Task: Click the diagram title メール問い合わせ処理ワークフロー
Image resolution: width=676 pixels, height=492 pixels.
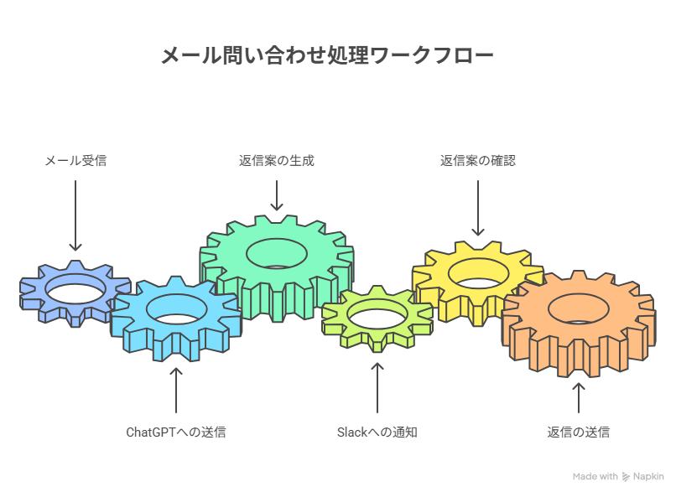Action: point(327,55)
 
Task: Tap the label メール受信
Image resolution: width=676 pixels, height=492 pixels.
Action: point(75,161)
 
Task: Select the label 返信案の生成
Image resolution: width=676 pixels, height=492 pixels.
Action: point(277,161)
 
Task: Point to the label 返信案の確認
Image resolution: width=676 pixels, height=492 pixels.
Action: point(478,161)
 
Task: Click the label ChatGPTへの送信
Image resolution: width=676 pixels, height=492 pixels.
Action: point(176,432)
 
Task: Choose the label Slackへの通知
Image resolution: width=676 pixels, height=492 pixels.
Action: point(377,432)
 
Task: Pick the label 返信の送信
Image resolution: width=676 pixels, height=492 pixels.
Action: point(579,432)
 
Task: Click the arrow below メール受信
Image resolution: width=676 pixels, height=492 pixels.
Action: point(75,215)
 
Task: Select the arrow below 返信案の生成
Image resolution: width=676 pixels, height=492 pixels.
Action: point(277,195)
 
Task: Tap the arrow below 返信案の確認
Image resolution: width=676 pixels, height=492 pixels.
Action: point(478,208)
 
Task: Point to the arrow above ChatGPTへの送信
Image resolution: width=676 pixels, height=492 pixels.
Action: point(176,391)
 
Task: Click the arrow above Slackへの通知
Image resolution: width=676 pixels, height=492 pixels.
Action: point(377,388)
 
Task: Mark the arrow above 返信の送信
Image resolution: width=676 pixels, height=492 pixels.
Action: point(579,397)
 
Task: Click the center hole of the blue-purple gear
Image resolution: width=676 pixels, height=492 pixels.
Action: point(75,293)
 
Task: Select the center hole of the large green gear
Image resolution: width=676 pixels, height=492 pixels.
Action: point(277,253)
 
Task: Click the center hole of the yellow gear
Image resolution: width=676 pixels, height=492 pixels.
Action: point(479,274)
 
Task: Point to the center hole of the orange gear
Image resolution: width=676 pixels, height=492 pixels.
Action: point(579,309)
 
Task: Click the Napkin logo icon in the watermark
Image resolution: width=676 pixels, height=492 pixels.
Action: point(626,476)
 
